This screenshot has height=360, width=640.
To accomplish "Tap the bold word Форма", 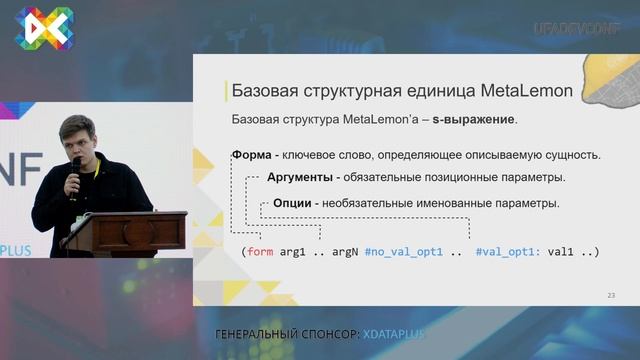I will tap(254, 156).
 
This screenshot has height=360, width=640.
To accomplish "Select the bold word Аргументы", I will tap(300, 178).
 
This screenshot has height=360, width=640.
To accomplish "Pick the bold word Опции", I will tap(289, 203).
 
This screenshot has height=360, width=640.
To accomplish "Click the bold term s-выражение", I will tap(474, 120).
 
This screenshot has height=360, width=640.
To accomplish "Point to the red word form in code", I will tap(260, 252).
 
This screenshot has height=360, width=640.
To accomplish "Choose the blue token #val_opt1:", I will tap(507, 252).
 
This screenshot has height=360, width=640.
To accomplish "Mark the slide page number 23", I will tap(611, 295).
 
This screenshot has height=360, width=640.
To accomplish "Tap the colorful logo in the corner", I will tap(41, 27).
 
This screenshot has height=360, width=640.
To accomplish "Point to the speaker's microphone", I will tap(75, 166).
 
